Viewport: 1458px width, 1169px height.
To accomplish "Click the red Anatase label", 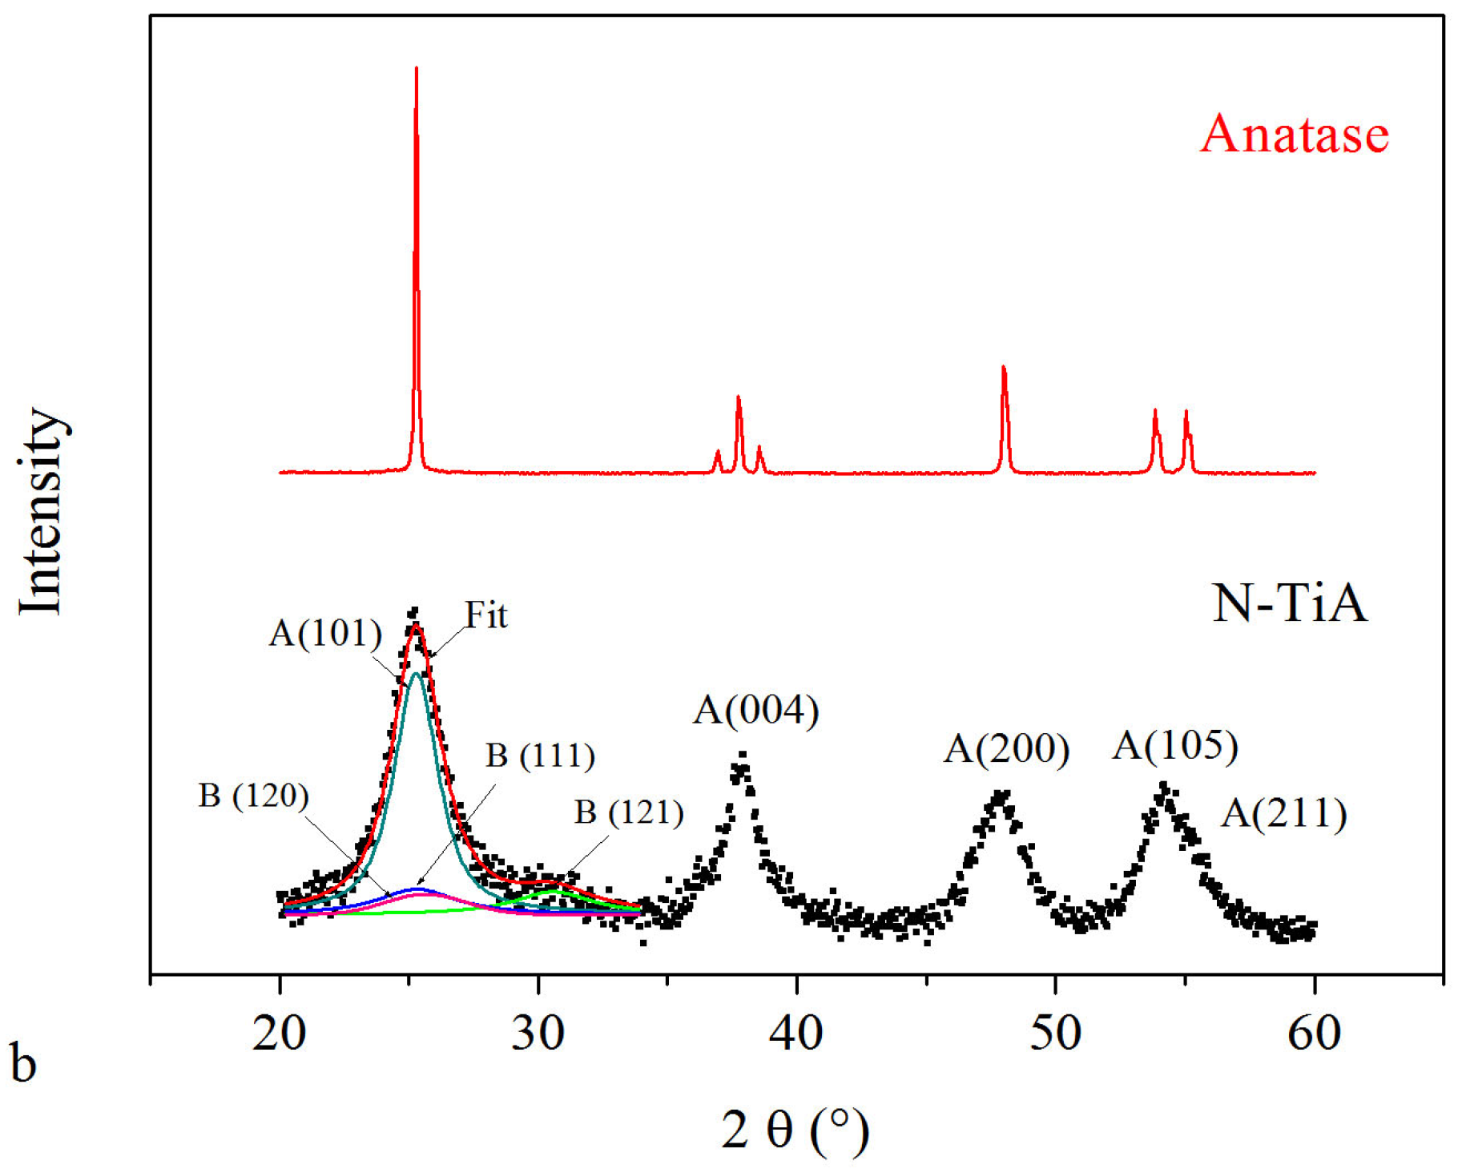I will point(1294,134).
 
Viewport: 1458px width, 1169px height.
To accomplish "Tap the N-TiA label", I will point(1289,603).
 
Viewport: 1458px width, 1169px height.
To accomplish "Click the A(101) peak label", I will point(325,634).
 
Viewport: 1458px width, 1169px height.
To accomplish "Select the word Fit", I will point(486,615).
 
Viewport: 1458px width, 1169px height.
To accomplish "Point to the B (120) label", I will point(253,796).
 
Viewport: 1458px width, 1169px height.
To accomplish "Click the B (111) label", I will point(540,756).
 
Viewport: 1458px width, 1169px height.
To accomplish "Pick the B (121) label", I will point(629,812).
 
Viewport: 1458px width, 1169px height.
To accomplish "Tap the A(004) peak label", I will point(755,710).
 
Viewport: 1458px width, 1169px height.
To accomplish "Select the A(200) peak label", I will point(1006,749).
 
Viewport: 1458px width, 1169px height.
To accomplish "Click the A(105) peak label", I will point(1175,745).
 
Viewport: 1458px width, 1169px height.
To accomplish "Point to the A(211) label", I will point(1284,813).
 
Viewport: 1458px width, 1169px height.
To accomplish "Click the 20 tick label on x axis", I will point(279,1033).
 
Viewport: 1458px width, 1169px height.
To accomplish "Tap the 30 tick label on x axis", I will point(538,1033).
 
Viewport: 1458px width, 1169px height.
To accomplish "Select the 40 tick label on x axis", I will point(796,1033).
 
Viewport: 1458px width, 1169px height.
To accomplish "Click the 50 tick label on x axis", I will point(1055,1033).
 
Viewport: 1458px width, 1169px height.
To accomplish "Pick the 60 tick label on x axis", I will point(1314,1033).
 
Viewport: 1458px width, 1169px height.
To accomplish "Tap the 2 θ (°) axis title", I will point(795,1130).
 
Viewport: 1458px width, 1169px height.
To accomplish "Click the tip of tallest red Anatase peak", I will point(416,69).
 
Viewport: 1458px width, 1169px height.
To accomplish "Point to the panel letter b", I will point(24,1063).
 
